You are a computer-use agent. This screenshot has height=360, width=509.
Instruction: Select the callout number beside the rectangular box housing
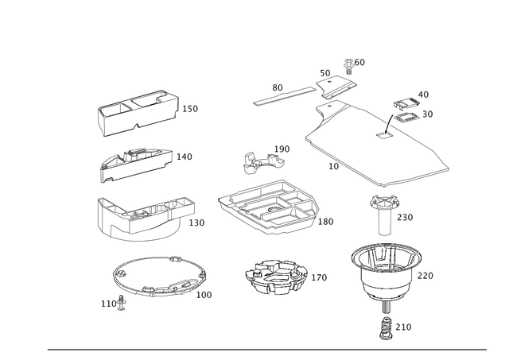click(190, 106)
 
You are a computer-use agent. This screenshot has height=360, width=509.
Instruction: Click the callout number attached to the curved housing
click(198, 223)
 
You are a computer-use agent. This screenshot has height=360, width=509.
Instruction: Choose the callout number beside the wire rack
click(327, 222)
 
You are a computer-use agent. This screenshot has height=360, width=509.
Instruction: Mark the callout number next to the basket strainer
click(320, 277)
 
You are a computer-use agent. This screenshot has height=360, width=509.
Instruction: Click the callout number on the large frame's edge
click(335, 168)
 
